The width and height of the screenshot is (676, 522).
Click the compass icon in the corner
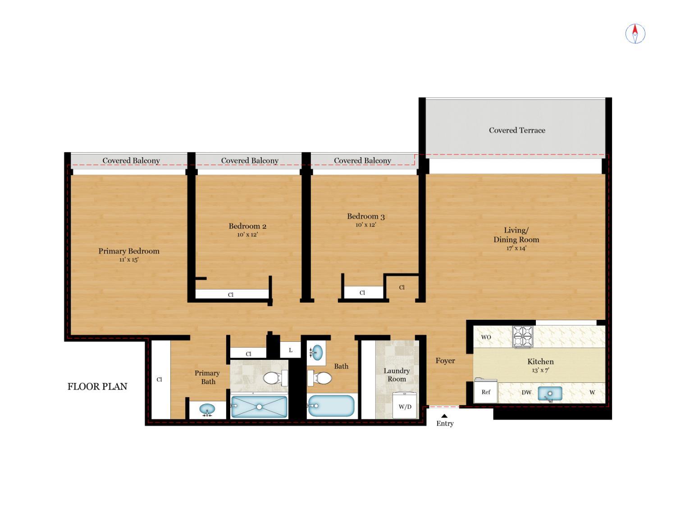coord(635,34)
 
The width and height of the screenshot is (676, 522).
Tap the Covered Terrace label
coord(517,130)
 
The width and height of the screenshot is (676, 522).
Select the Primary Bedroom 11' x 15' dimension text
coord(129,260)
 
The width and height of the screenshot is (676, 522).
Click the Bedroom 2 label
coord(247,226)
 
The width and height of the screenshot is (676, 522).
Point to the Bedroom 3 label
coord(365,216)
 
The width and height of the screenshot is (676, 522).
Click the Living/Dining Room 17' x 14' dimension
coord(516,248)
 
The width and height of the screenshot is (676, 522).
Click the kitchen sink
coord(550,394)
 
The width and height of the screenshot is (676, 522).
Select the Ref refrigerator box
coord(486,392)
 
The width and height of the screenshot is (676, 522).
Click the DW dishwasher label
coord(526,392)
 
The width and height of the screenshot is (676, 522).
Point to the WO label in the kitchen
coord(486,337)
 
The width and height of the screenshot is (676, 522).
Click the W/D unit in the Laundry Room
coord(405,406)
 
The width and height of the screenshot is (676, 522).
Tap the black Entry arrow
coord(444,416)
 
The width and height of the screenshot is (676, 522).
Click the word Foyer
coord(445,361)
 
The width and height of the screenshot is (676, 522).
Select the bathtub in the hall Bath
coord(331,406)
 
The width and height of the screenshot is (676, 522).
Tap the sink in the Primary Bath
coord(207,409)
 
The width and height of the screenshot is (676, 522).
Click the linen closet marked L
coord(291,350)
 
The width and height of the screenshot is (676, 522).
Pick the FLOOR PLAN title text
coord(97,386)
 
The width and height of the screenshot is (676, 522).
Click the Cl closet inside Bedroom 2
coord(231,295)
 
